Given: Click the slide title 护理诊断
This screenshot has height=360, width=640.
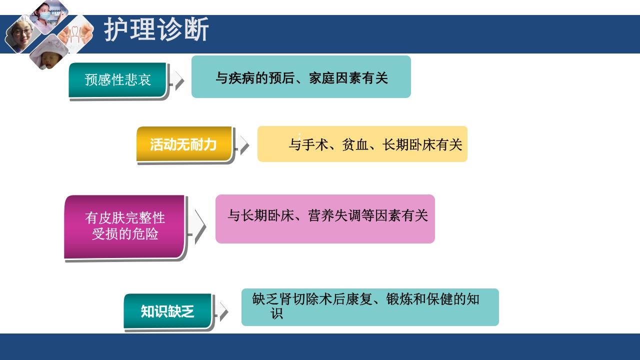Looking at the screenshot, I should click(156, 30).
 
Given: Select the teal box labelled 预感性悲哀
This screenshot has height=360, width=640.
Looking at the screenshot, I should click(117, 79).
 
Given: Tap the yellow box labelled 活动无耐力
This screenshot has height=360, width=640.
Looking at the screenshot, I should click(183, 144).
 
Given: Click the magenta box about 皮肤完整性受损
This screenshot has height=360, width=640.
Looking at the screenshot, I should click(124, 226).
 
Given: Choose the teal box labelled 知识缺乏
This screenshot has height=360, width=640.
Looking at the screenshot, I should click(167, 310).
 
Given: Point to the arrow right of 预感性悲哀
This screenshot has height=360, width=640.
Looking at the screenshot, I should click(178, 80).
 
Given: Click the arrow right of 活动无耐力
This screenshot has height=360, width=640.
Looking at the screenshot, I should click(243, 144).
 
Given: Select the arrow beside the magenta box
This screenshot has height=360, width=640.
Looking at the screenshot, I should click(199, 226).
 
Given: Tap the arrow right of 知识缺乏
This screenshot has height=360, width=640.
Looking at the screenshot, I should click(223, 311).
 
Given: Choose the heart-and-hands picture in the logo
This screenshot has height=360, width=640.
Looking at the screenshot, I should click(75, 34).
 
